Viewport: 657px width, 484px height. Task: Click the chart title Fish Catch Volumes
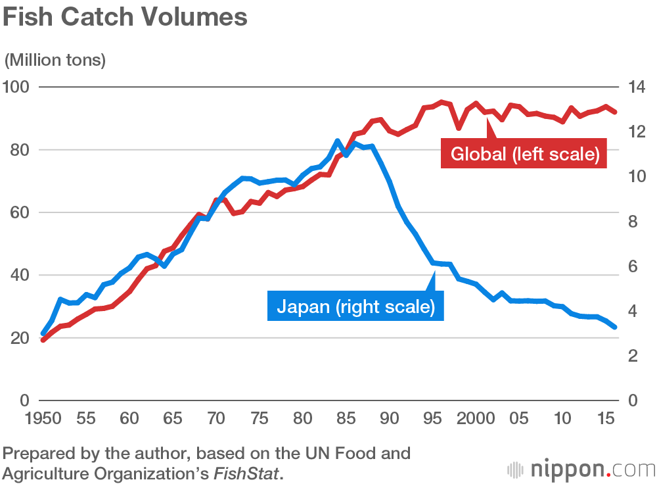(x=125, y=18)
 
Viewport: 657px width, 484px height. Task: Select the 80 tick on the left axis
(x=20, y=150)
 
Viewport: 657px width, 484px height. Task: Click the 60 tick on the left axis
(x=20, y=212)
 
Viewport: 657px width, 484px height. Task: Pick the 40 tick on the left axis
(x=20, y=276)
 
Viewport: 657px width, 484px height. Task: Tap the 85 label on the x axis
(x=346, y=418)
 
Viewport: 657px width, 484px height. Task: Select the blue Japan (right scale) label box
(x=355, y=306)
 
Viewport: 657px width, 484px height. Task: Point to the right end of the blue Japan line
(x=615, y=326)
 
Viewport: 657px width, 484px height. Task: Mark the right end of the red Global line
(x=615, y=112)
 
